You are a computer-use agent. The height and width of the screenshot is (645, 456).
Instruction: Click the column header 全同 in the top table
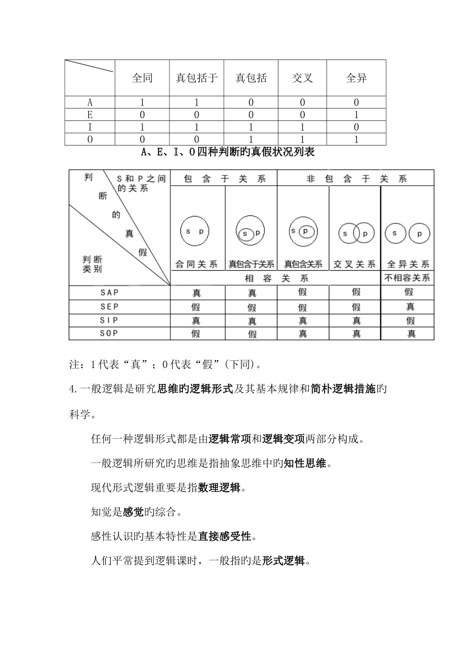(142, 78)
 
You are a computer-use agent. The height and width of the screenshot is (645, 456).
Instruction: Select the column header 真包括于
(197, 78)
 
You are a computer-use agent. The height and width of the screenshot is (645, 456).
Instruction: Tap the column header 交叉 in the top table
(302, 78)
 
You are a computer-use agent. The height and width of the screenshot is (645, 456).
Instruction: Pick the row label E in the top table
(90, 115)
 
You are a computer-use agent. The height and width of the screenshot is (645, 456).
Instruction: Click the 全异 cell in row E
(356, 115)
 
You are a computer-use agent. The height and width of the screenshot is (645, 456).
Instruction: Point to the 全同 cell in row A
(142, 102)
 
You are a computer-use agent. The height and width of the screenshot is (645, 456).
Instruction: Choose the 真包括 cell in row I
(251, 127)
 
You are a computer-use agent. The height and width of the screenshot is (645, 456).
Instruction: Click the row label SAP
(109, 292)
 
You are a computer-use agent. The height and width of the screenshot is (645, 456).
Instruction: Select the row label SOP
(109, 333)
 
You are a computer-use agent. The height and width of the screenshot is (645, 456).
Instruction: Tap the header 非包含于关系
(356, 179)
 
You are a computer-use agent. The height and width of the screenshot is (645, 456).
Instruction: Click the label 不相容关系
(408, 278)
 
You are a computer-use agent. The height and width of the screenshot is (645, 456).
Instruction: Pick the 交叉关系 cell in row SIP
(356, 320)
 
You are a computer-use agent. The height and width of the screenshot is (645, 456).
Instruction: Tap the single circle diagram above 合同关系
(194, 231)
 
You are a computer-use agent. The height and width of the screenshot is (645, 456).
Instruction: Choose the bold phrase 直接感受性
(225, 536)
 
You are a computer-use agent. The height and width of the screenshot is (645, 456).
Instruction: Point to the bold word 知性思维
(305, 463)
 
